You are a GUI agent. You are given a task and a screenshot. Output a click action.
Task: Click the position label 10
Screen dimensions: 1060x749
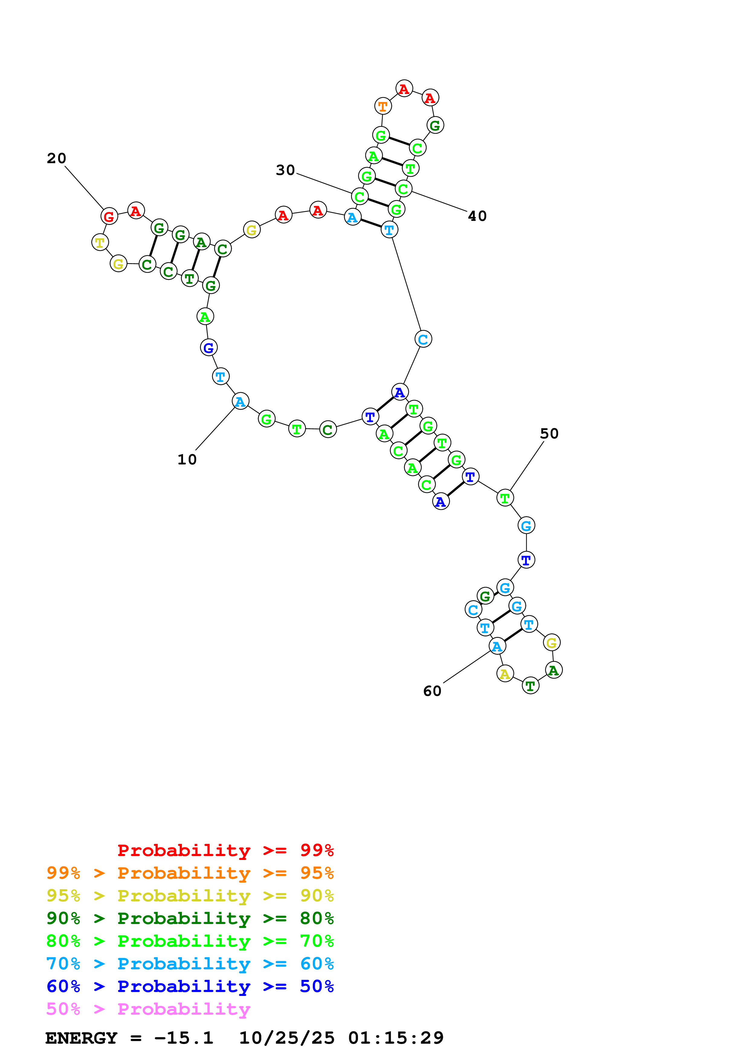[187, 459]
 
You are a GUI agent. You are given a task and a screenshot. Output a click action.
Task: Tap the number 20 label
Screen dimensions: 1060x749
[56, 158]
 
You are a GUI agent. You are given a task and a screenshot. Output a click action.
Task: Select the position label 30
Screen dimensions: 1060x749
[285, 170]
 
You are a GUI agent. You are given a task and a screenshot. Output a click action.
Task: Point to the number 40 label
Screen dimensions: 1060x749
[477, 216]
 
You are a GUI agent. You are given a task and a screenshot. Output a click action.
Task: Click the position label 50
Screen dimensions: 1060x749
[549, 434]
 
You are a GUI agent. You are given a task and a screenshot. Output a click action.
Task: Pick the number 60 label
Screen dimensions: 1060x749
[432, 691]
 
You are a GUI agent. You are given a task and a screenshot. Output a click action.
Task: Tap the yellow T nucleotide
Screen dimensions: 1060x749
[100, 242]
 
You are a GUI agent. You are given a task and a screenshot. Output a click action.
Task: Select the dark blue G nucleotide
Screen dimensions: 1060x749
[208, 347]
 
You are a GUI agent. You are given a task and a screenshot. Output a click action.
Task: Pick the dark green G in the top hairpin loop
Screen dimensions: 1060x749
[435, 125]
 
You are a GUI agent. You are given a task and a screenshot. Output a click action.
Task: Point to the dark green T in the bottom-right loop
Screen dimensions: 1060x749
[530, 686]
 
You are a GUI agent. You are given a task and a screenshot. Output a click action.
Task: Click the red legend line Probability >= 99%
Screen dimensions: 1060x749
[225, 850]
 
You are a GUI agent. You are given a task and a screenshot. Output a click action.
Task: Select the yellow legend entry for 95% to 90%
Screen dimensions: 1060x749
[190, 896]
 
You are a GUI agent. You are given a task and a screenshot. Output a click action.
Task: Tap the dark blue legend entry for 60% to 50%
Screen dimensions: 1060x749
[190, 987]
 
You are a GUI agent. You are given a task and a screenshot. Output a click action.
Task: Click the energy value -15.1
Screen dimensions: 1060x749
[184, 1038]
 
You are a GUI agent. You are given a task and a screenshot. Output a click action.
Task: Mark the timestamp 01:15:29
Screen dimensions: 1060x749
[395, 1038]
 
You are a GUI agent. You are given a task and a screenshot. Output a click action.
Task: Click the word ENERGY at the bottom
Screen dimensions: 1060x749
[81, 1038]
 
